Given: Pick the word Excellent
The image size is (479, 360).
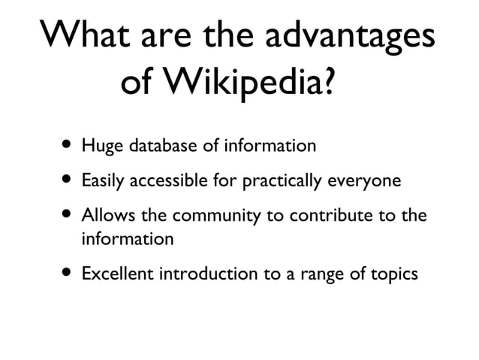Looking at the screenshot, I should tap(117, 274).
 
